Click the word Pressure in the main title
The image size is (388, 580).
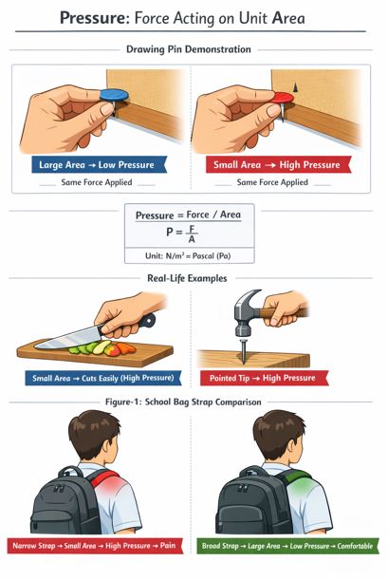[95, 18]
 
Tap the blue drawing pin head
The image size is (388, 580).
[114, 95]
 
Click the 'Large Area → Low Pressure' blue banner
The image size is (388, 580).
[99, 165]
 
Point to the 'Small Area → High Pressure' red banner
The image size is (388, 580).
[278, 165]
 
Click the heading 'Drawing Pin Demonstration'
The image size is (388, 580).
[189, 49]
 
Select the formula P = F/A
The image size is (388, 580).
[182, 233]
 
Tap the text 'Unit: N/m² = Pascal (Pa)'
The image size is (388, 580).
[188, 255]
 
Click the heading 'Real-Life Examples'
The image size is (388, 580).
[187, 278]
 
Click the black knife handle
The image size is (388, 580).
[147, 321]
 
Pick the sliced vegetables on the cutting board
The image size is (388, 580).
[102, 347]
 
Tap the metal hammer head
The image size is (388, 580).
[245, 312]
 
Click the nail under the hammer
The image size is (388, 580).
[244, 349]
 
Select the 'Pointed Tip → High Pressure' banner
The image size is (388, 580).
[264, 378]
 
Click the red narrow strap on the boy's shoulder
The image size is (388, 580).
[104, 478]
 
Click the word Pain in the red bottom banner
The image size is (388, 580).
[168, 545]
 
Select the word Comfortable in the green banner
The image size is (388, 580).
[355, 546]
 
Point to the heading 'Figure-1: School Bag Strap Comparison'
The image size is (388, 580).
[183, 402]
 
